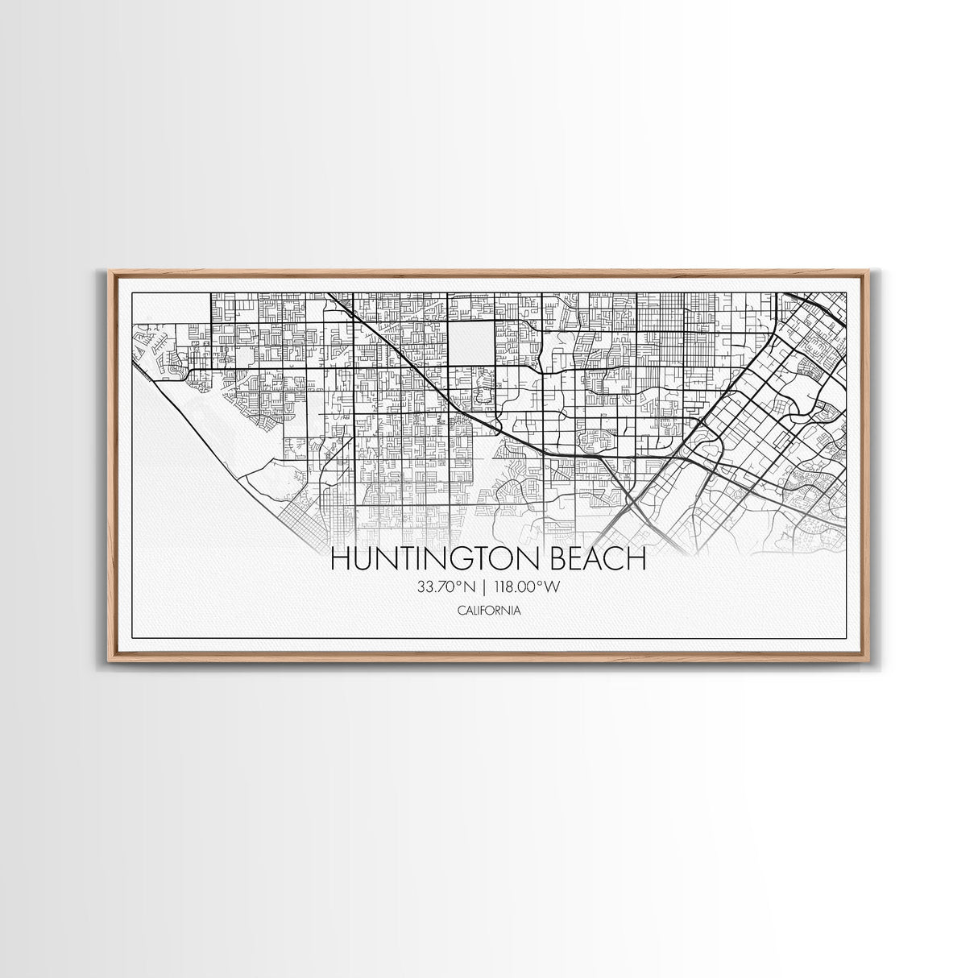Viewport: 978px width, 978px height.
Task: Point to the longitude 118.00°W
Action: [528, 587]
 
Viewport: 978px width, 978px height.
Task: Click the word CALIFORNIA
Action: [488, 611]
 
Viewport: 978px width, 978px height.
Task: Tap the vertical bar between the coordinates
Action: [485, 587]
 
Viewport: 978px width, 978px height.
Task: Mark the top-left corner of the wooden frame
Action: [110, 271]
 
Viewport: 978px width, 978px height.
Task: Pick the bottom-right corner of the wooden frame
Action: [867, 661]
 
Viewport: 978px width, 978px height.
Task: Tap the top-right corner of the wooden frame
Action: [867, 271]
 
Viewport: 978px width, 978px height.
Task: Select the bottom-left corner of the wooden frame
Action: [110, 661]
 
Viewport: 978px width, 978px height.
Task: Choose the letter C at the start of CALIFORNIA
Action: [460, 611]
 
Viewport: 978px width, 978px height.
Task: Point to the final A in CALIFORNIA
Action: [516, 611]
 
